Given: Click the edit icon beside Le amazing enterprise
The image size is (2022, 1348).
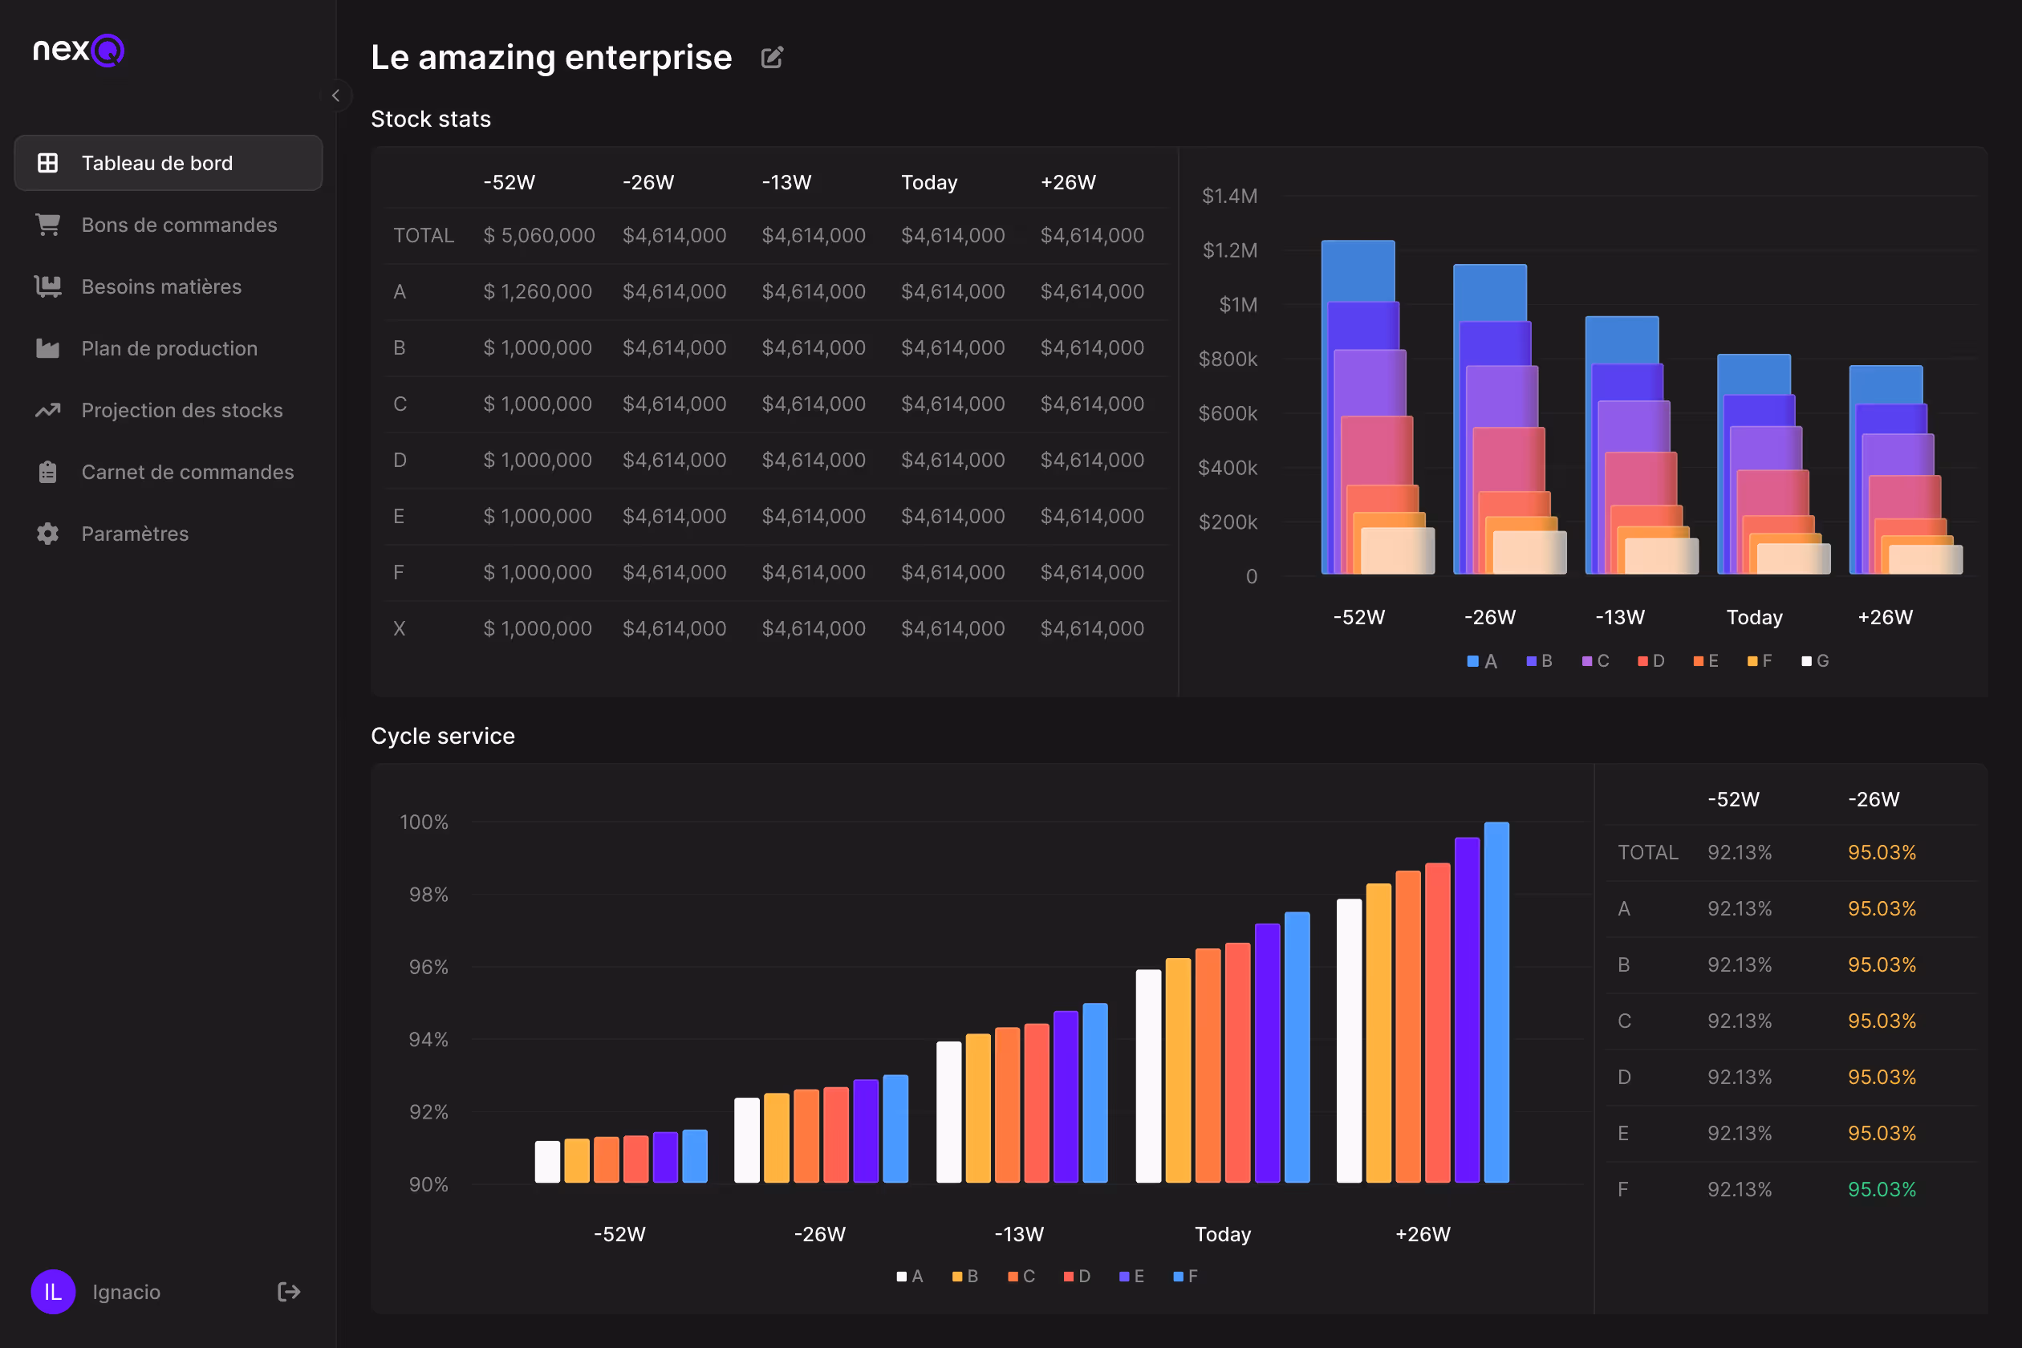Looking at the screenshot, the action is coord(772,58).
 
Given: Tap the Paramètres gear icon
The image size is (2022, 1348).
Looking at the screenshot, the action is coord(48,534).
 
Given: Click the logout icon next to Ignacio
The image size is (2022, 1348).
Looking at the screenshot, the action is coord(289,1291).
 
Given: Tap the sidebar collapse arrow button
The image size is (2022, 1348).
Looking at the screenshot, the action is coord(336,95).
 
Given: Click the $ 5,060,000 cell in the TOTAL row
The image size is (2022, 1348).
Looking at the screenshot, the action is coord(539,236).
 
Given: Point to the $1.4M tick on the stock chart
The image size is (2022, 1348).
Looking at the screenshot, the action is coord(1229,196).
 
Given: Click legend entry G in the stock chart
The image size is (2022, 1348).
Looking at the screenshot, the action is coord(1816,661).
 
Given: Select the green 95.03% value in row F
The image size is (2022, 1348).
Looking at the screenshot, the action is coord(1882,1189).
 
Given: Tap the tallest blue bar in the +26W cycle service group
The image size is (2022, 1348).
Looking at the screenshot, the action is coord(1496,1002).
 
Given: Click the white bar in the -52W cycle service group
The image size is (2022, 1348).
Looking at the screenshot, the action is coord(547,1162).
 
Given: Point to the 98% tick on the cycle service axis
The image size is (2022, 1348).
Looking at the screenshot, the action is coord(428,895).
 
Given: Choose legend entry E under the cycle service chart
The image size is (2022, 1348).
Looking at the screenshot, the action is coord(1131,1277).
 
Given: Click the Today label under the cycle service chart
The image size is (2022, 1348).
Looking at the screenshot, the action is coord(1223,1234).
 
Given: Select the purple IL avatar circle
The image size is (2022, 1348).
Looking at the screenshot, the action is coord(53,1291).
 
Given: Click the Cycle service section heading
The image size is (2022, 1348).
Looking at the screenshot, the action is coord(443,736).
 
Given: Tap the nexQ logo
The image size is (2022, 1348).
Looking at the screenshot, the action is coord(79,50).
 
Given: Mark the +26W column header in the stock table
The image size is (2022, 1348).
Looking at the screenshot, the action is coord(1068,182).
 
